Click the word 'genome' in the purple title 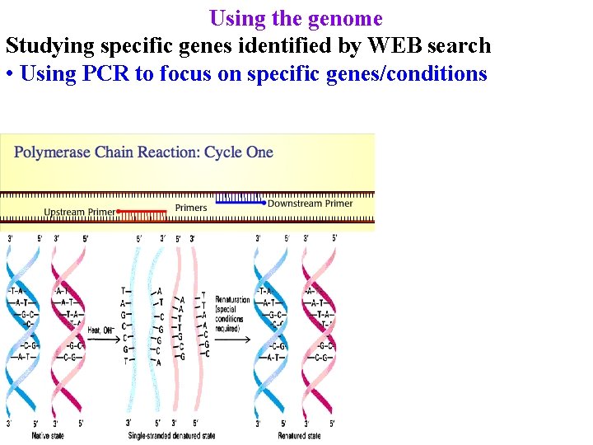coord(345,18)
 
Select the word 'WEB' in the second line coord(392,45)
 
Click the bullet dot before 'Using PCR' coord(9,74)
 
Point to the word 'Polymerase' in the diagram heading coord(53,152)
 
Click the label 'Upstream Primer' coord(79,213)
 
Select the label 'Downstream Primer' coord(310,204)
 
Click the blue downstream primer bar coord(240,200)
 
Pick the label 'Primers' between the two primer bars coord(191,208)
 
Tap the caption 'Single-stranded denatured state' coord(171,435)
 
